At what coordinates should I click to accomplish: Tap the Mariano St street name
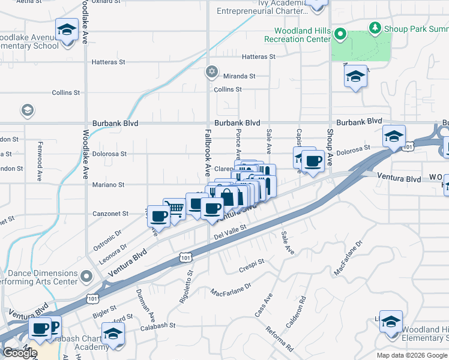coord(107,185)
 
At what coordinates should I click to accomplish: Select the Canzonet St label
coord(110,214)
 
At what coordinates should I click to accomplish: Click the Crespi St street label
coord(252,263)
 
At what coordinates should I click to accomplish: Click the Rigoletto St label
coord(190,286)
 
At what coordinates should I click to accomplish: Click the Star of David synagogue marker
coord(211,72)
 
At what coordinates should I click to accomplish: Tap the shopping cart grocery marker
coord(175,209)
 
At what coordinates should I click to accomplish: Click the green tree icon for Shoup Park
coord(375,28)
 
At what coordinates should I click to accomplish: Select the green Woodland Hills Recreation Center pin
coord(340,34)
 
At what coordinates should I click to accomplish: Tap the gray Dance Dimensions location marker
coord(86,277)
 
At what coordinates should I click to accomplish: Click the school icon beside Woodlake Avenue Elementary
coord(67,28)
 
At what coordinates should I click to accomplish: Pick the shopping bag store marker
coord(228,196)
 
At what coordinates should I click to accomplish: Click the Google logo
coord(20,353)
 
